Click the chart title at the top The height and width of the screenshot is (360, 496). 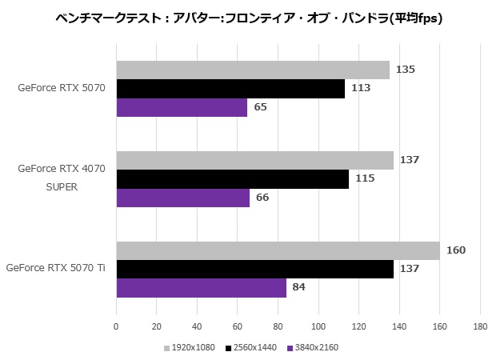click(x=249, y=17)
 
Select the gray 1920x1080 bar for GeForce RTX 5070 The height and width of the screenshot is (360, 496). click(x=253, y=70)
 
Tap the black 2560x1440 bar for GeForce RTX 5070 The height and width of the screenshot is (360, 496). click(x=230, y=88)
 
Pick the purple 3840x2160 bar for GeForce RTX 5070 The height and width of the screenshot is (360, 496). click(x=182, y=107)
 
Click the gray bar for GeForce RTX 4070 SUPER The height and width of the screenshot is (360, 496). click(x=254, y=160)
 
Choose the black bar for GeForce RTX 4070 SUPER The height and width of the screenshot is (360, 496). click(x=232, y=178)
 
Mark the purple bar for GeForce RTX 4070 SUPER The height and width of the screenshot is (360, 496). click(x=182, y=198)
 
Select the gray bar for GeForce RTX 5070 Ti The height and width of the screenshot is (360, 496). click(x=278, y=250)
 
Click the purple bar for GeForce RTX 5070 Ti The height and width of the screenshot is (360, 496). click(x=201, y=288)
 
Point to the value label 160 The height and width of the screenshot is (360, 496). click(x=456, y=250)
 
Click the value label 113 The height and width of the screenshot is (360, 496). click(x=360, y=88)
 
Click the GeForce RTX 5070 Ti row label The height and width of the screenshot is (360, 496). click(x=55, y=268)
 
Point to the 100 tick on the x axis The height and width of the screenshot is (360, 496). click(x=318, y=326)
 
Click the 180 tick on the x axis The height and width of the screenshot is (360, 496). click(x=480, y=326)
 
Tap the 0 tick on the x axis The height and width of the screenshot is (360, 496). click(x=117, y=326)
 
